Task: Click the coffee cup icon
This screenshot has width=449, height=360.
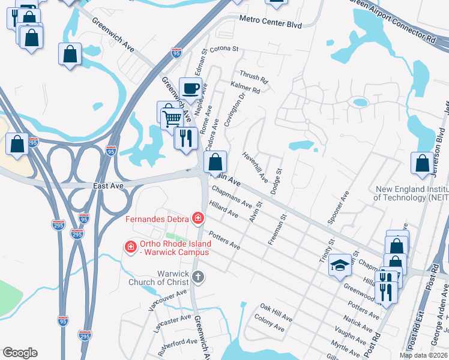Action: [190, 89]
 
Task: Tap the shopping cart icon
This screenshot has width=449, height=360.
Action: [172, 118]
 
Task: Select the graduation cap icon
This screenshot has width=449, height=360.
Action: [340, 265]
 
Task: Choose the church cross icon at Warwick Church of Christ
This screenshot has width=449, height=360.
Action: [198, 277]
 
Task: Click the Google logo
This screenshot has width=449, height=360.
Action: [20, 353]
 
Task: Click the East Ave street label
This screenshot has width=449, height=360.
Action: [108, 186]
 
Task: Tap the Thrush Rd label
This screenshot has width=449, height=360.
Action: [253, 77]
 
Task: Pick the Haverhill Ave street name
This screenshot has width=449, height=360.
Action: [255, 166]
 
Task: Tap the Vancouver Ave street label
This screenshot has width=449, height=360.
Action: [166, 296]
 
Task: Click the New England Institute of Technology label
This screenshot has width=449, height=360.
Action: [411, 193]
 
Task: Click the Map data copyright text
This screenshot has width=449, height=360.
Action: [423, 355]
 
